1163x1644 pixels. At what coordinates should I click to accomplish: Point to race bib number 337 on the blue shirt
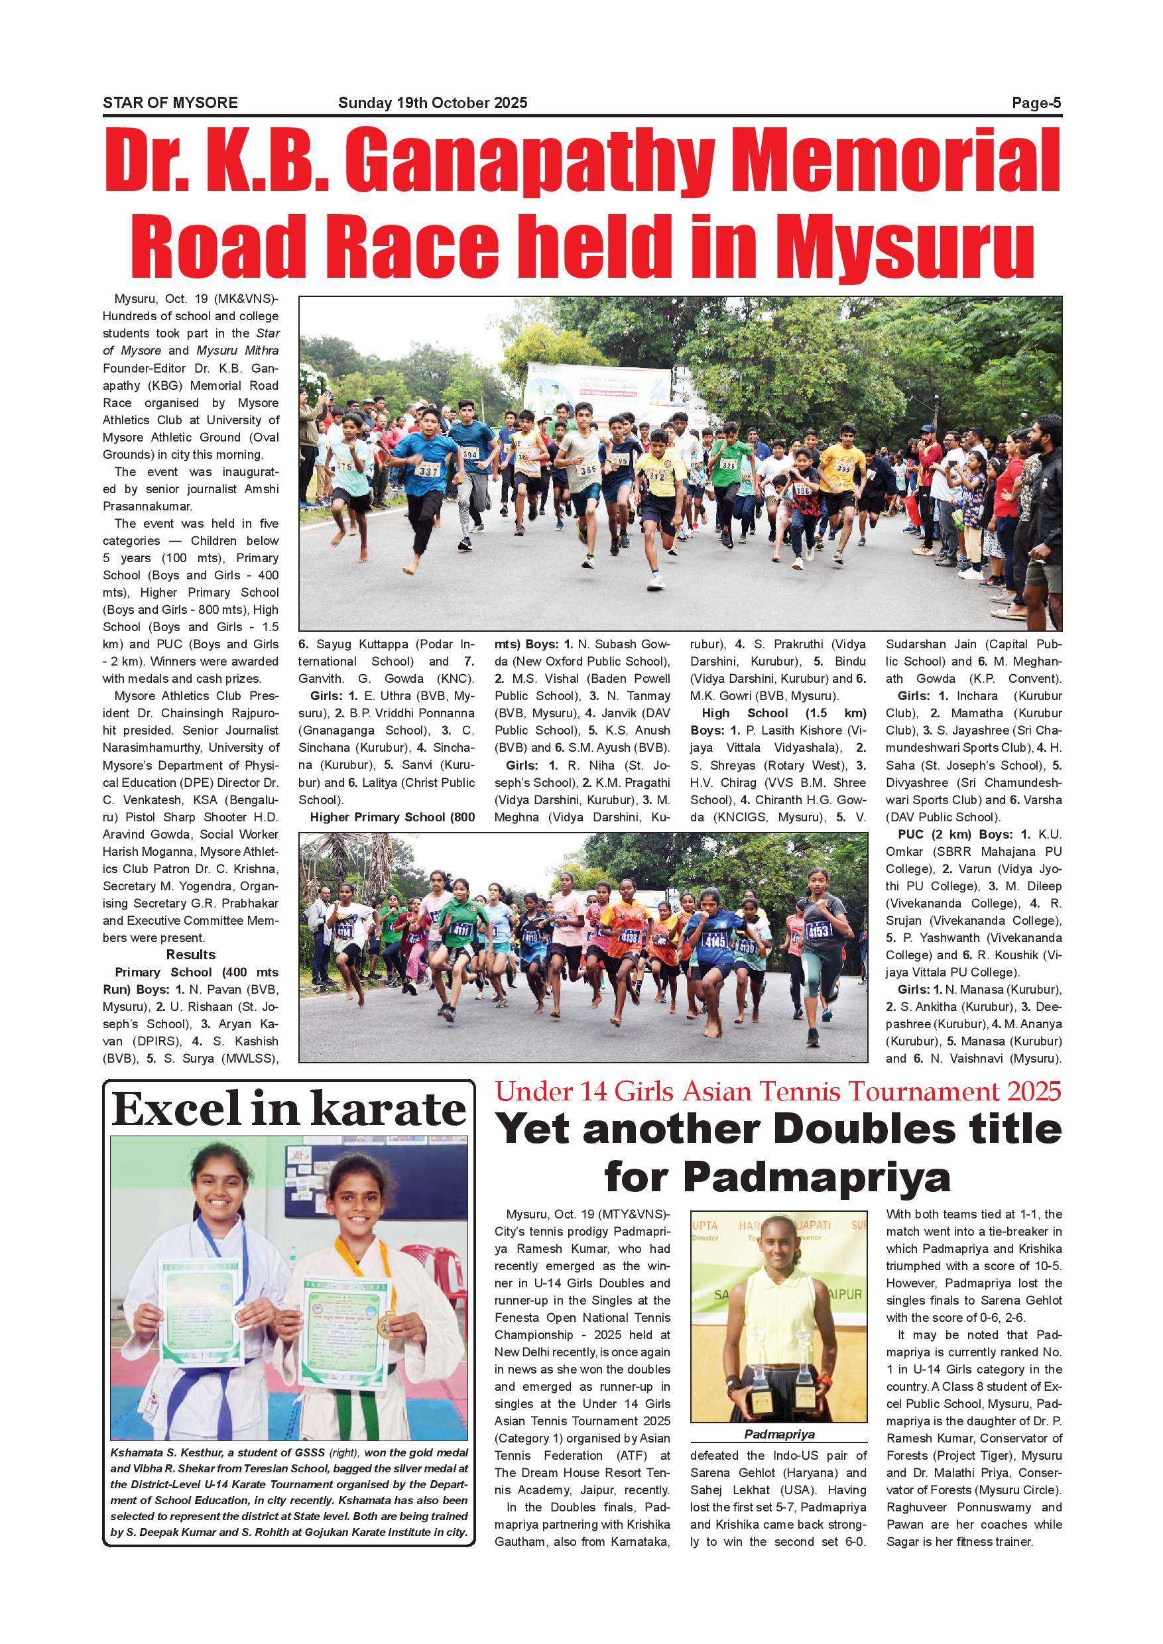point(428,471)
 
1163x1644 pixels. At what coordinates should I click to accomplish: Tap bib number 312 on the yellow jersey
point(656,475)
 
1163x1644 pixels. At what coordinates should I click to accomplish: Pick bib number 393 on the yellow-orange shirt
point(843,468)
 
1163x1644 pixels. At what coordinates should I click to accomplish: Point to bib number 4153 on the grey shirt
point(818,931)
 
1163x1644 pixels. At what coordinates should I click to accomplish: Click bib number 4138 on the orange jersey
point(629,937)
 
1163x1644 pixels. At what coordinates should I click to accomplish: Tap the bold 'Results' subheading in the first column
point(190,955)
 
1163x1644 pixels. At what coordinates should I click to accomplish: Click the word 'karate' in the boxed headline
point(388,1110)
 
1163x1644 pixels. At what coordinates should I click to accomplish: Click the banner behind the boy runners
point(598,389)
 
